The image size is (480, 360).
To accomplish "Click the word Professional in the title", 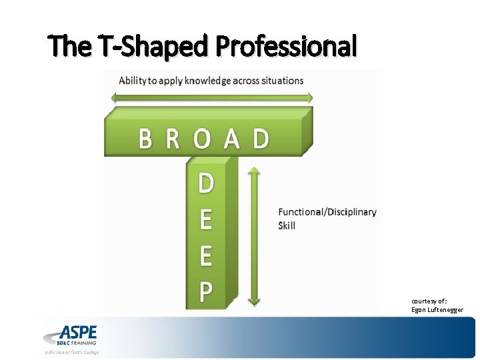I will (x=287, y=46).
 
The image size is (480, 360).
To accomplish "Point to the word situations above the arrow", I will (x=278, y=81).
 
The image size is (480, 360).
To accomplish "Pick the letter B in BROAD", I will (x=146, y=139).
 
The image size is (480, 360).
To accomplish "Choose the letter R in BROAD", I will (x=173, y=139).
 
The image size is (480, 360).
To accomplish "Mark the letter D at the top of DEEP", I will (x=206, y=183).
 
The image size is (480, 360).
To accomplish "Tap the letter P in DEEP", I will (x=206, y=291).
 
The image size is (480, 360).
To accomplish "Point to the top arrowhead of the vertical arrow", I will (x=253, y=172).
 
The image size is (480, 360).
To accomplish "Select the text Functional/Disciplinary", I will (x=327, y=212).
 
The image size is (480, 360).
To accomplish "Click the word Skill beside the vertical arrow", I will (x=287, y=225).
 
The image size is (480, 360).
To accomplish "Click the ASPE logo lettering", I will (x=79, y=332).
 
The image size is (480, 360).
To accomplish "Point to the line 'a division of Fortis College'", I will (x=72, y=352).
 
